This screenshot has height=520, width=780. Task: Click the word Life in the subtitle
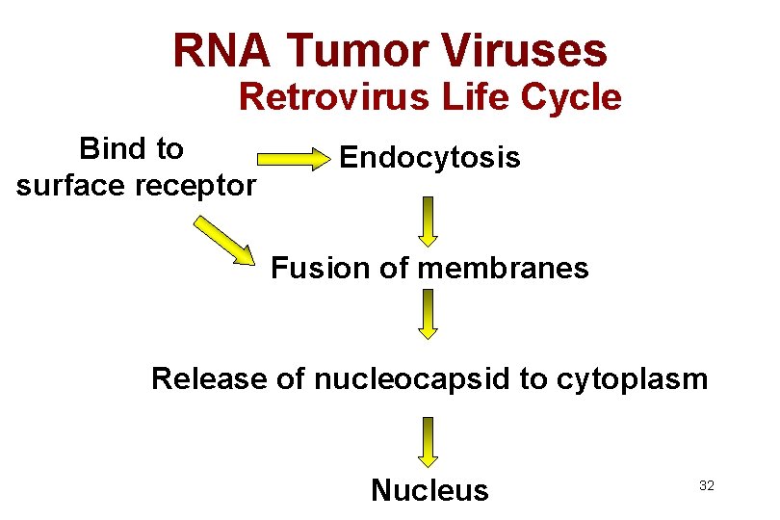click(482, 97)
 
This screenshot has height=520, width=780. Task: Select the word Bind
click(109, 148)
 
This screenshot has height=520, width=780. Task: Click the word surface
click(71, 184)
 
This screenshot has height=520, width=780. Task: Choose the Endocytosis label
click(429, 157)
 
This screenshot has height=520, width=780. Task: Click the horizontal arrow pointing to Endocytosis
click(292, 160)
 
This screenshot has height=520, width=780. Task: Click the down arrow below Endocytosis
click(429, 221)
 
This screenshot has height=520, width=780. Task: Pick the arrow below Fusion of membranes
click(429, 314)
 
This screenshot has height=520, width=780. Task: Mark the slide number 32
click(706, 486)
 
